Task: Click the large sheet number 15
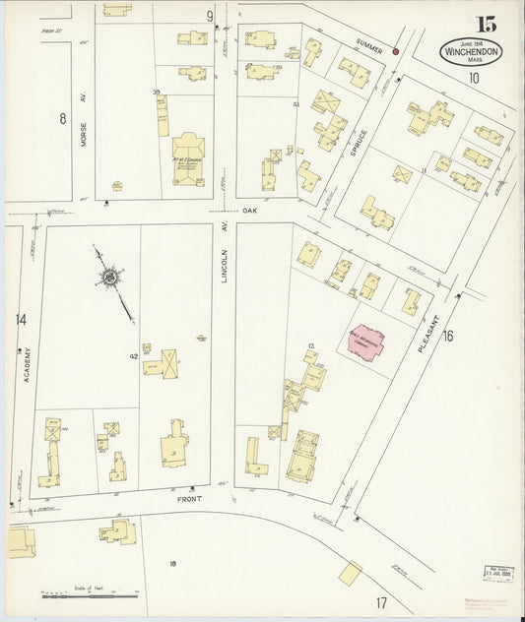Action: pyautogui.click(x=486, y=24)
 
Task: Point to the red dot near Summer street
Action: pyautogui.click(x=396, y=51)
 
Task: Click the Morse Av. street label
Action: pyautogui.click(x=85, y=134)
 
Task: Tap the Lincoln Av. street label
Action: pyautogui.click(x=225, y=264)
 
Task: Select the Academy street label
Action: pyautogui.click(x=28, y=379)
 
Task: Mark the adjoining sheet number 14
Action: pyautogui.click(x=21, y=320)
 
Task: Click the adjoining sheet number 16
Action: pyautogui.click(x=449, y=337)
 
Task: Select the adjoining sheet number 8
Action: pyautogui.click(x=62, y=119)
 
